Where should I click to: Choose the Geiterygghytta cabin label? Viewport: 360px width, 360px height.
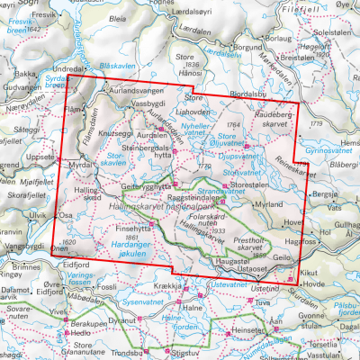tap(146, 184)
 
